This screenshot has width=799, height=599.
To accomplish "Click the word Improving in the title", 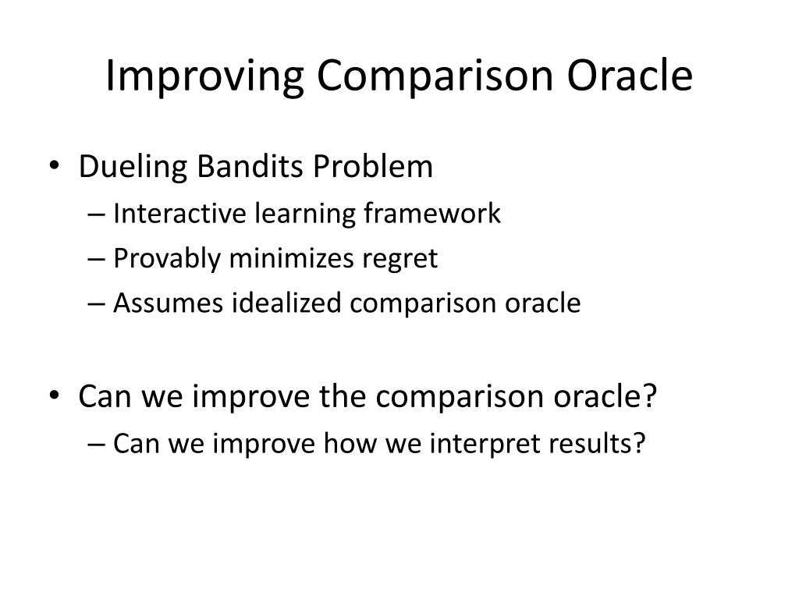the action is click(205, 76).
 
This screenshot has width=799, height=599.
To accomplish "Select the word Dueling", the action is click(133, 167).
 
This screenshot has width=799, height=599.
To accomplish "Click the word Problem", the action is click(373, 166).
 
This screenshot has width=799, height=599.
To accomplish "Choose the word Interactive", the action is click(180, 213).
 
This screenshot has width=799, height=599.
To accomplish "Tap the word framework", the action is click(432, 213).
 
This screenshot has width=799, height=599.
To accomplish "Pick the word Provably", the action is click(167, 259).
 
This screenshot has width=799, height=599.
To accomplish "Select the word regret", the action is click(400, 260).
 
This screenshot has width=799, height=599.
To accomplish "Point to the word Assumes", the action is click(169, 303).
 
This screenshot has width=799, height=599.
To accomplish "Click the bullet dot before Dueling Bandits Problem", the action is click(55, 165).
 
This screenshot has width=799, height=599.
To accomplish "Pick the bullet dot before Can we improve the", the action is click(55, 395).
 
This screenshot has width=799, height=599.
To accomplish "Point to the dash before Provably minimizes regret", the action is click(96, 260).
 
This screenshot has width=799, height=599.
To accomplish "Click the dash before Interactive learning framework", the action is click(96, 214).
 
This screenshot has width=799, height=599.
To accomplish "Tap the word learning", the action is click(305, 214).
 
